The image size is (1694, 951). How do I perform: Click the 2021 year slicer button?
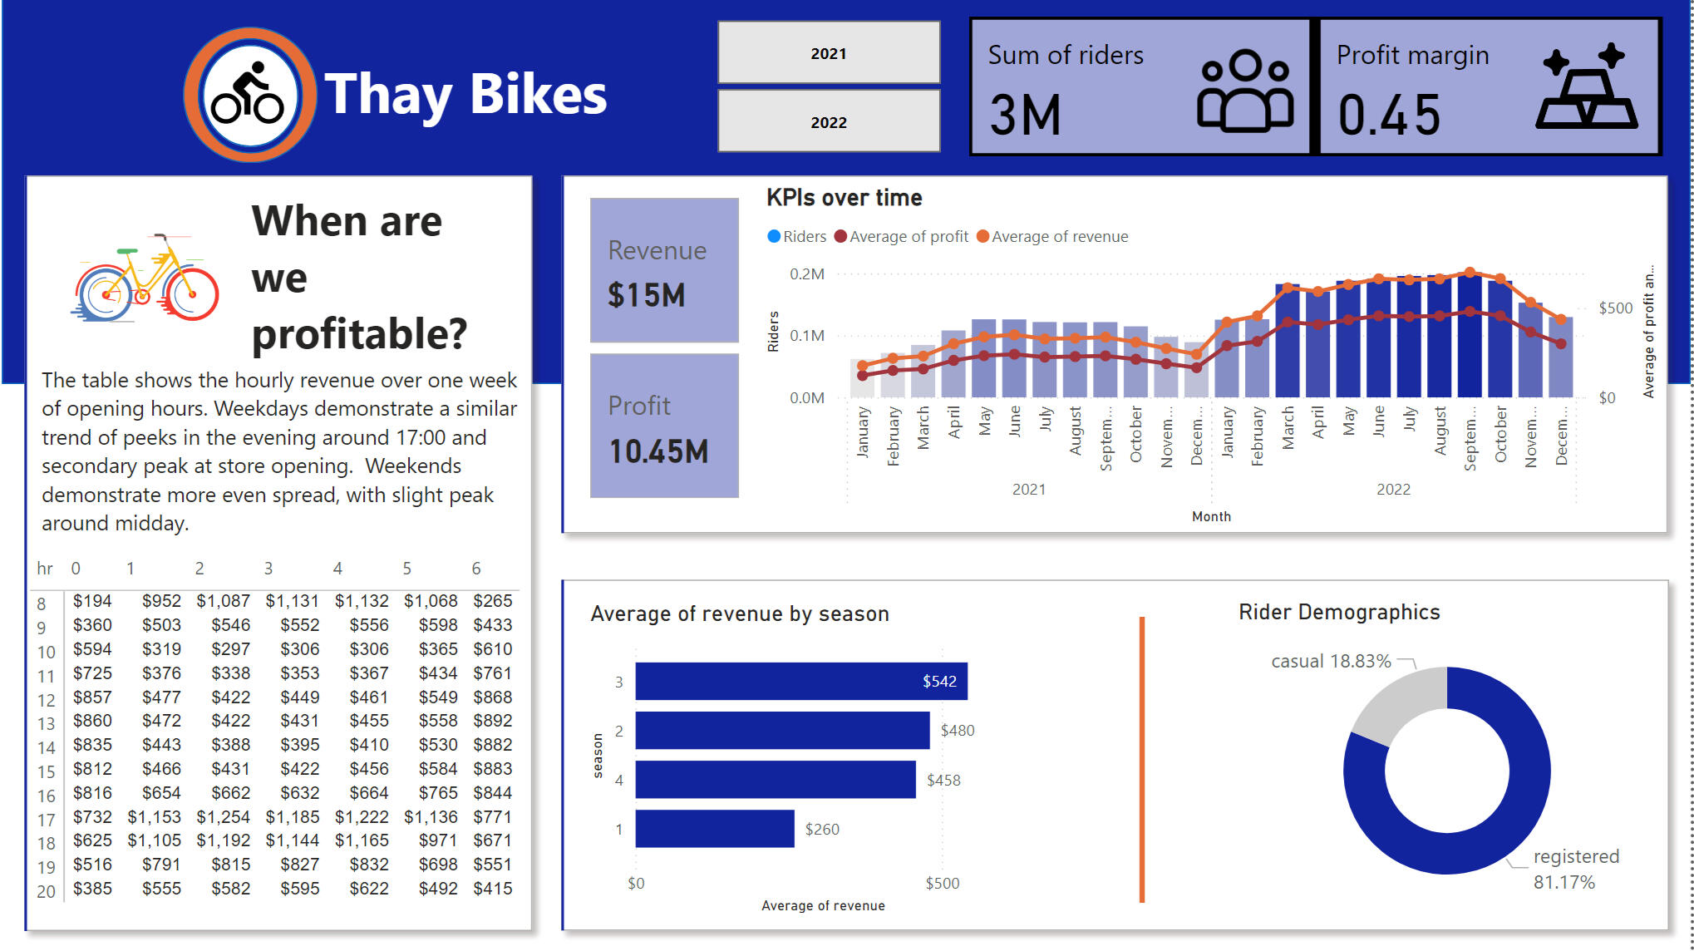tap(829, 53)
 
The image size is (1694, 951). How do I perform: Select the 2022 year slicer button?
tap(829, 122)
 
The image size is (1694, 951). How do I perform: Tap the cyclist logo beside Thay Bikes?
tap(249, 94)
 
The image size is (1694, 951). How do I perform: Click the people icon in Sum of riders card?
tap(1244, 91)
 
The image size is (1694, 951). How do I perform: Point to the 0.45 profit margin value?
tap(1389, 115)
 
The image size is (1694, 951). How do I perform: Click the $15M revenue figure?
tap(647, 295)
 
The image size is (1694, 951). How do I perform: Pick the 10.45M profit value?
tap(658, 451)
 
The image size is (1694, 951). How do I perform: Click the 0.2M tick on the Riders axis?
tap(806, 274)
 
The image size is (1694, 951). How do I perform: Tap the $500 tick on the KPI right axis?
tap(1615, 308)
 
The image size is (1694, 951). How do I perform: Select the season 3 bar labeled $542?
tap(800, 682)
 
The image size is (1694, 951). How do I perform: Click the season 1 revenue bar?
tap(715, 829)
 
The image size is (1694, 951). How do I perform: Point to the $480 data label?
tap(958, 731)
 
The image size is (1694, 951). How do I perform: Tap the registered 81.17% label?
tap(1575, 869)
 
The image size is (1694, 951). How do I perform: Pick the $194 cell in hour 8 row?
tap(92, 601)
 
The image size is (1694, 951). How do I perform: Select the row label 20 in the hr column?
tap(46, 891)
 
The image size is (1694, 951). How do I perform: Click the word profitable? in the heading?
tap(359, 334)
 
